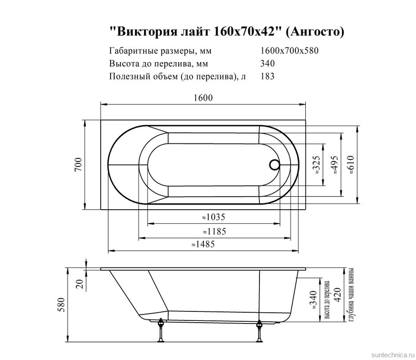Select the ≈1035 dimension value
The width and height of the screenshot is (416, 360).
coord(213,217)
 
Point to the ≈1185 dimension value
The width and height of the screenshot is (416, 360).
coord(214,231)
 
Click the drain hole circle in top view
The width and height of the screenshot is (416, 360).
coord(274,165)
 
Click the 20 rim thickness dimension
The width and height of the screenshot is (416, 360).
coord(80,283)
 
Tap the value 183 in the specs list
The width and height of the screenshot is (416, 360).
coord(267,76)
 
